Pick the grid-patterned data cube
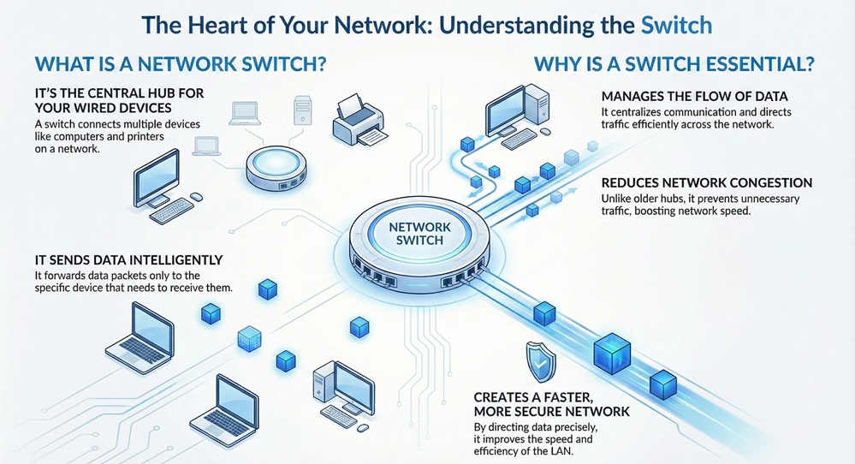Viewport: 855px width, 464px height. [x=246, y=334]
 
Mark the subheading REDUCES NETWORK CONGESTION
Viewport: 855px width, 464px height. [x=706, y=183]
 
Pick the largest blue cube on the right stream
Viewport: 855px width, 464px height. [x=611, y=351]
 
